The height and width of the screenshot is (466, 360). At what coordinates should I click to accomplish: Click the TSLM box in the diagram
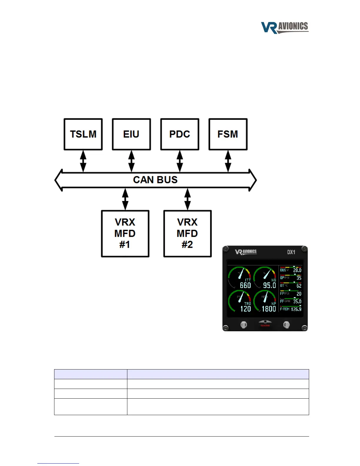[83, 134]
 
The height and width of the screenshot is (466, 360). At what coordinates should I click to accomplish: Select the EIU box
[131, 134]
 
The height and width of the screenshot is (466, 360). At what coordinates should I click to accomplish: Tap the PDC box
[180, 134]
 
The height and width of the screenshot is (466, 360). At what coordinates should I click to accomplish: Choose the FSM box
[228, 134]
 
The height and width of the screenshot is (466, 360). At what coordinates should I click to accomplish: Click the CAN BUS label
[155, 180]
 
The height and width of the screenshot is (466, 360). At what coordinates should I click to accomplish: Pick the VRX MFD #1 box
[125, 234]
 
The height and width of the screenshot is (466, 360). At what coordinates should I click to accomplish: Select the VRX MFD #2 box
[187, 234]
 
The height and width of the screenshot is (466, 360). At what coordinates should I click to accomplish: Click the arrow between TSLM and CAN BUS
[83, 161]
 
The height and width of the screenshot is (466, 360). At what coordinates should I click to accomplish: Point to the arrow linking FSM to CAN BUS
[228, 161]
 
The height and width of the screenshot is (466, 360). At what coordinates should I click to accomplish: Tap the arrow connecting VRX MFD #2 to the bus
[187, 199]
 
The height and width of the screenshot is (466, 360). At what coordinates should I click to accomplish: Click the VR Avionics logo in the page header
[285, 27]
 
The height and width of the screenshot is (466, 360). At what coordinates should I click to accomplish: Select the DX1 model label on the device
[291, 252]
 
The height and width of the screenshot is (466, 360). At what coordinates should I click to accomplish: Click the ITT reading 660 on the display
[245, 285]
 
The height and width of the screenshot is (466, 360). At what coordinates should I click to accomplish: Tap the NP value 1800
[269, 309]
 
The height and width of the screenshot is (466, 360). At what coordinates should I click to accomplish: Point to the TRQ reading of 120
[246, 309]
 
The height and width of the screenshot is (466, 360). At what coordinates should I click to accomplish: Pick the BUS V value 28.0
[297, 270]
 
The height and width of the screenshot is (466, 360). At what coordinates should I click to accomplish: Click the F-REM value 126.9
[296, 309]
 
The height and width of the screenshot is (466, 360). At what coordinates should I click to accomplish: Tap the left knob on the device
[244, 325]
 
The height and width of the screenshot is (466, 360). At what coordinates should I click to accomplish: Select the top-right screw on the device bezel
[304, 249]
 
